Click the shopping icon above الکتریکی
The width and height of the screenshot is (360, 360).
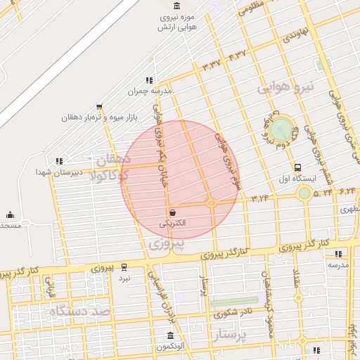(x=172, y=212)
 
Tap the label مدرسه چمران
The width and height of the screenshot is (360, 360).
(x=146, y=91)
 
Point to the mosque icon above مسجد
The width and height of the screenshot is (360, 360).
(x=10, y=214)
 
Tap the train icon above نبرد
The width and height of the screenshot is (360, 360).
(x=124, y=267)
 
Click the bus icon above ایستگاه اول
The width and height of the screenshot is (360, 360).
(x=298, y=167)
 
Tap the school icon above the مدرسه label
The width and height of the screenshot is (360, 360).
(x=338, y=254)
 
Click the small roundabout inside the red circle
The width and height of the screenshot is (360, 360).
(x=212, y=203)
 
